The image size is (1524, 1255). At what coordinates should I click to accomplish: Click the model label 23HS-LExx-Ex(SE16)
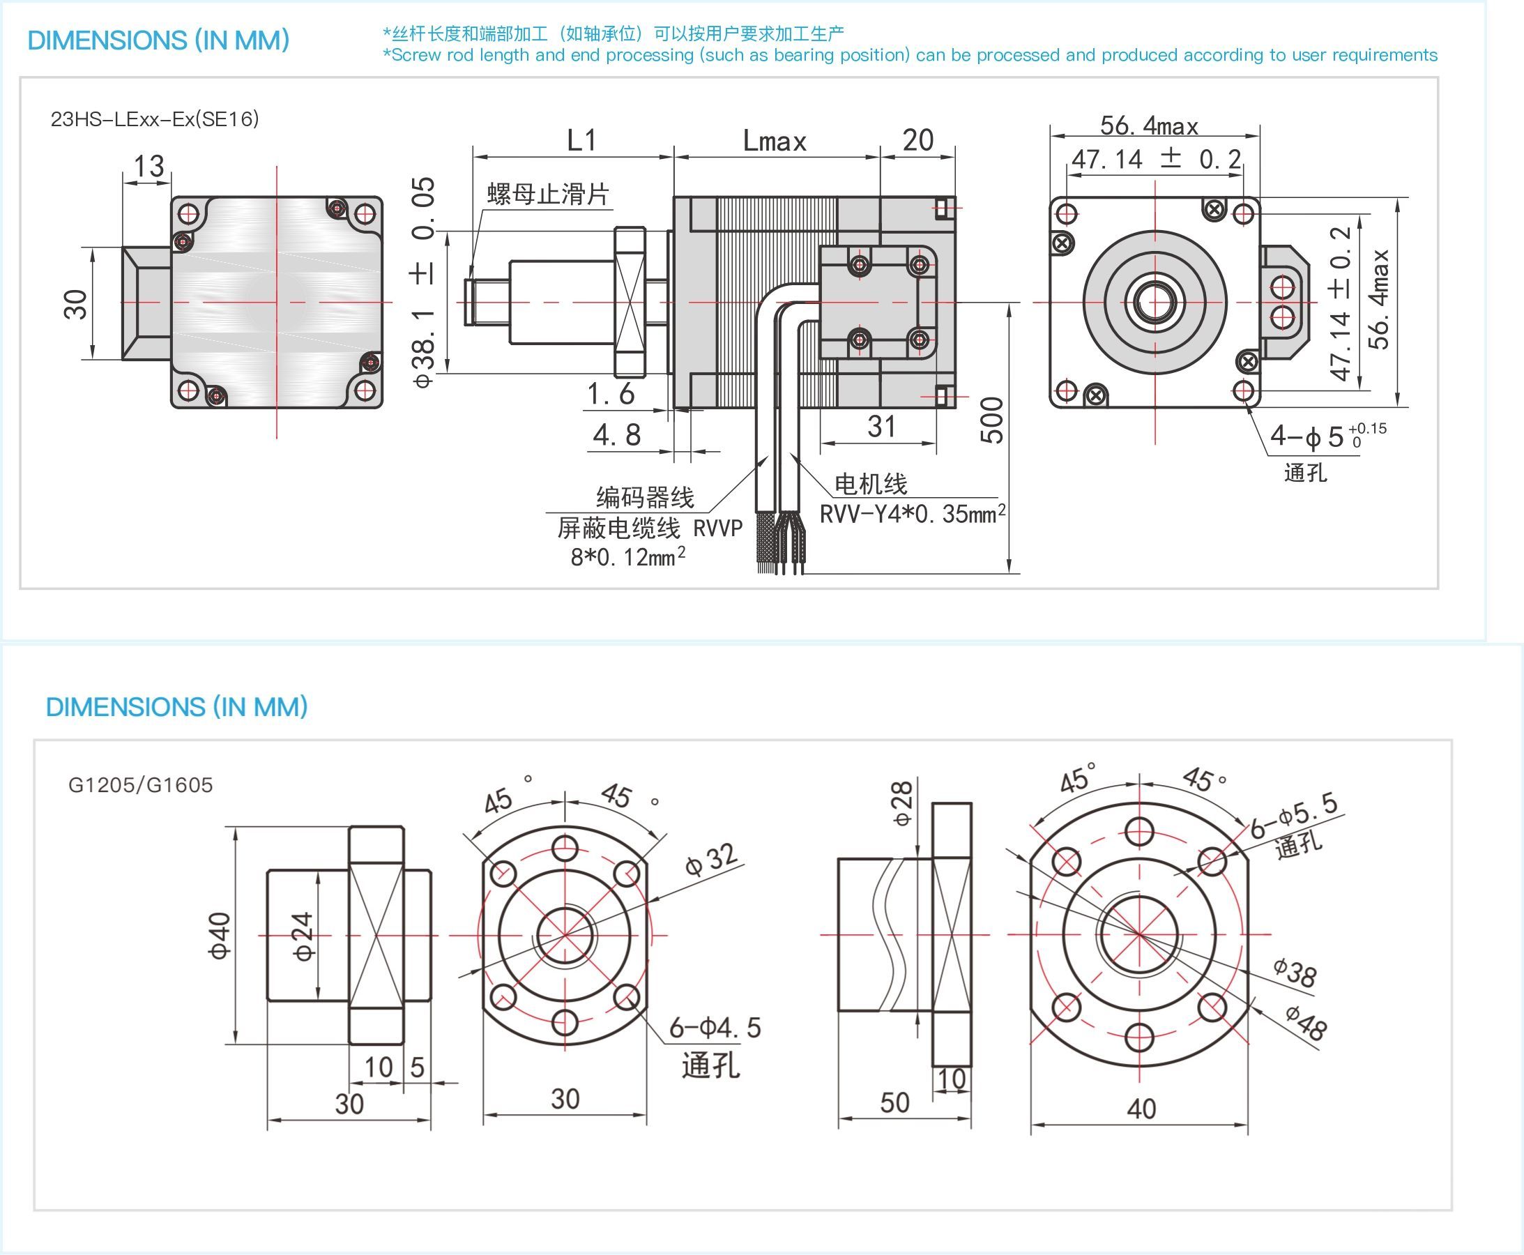155,119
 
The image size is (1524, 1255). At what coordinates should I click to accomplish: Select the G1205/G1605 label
141,785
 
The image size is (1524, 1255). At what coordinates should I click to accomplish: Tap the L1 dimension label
581,140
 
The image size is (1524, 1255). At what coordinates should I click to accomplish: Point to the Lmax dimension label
775,141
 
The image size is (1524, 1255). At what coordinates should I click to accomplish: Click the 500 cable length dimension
993,420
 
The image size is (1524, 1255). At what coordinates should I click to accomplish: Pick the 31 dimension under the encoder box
881,427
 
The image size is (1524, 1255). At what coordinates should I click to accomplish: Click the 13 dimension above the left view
149,166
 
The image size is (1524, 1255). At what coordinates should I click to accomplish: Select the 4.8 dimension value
617,434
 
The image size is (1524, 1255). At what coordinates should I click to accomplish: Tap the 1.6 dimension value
611,394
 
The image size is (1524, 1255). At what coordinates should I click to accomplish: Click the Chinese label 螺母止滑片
548,194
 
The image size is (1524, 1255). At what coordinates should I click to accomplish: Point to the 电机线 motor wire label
871,484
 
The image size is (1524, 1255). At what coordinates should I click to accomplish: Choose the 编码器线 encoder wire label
645,497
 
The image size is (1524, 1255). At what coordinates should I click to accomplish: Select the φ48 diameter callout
1306,1022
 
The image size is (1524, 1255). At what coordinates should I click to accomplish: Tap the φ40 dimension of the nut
220,936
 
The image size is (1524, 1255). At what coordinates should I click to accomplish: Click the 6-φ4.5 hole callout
715,1027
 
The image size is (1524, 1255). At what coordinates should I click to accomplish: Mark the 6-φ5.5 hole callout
1294,816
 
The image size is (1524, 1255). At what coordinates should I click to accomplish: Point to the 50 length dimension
894,1102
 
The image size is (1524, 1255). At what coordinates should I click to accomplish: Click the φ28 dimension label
902,803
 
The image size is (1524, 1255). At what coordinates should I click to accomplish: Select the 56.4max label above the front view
1149,125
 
